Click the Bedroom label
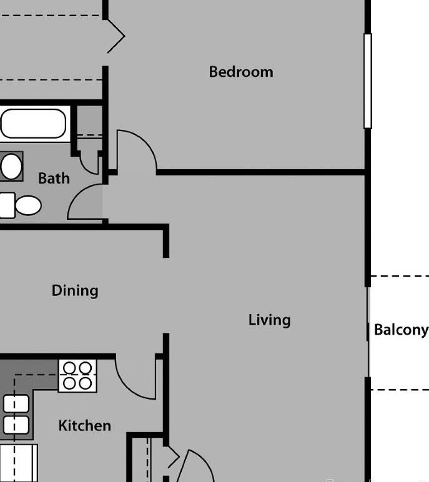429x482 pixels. [241, 72]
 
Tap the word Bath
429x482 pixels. [54, 179]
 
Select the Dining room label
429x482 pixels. [75, 290]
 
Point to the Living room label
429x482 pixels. [269, 320]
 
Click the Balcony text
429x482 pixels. [401, 330]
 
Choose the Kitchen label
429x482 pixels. [84, 426]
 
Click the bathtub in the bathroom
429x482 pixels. [32, 124]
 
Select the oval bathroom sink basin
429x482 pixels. [11, 167]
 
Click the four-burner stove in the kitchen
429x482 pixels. [78, 375]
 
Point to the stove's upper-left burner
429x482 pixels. [70, 368]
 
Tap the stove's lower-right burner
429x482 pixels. [86, 383]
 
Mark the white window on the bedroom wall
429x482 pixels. [368, 81]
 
